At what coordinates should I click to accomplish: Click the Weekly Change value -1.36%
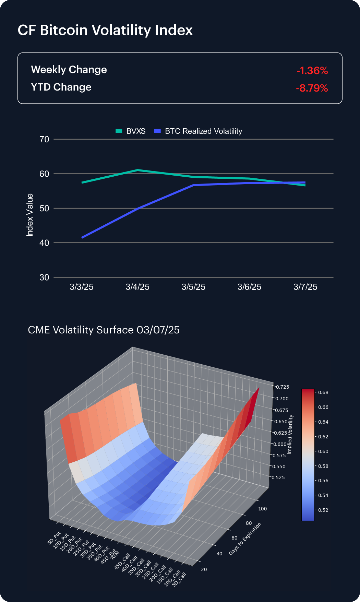pyautogui.click(x=312, y=71)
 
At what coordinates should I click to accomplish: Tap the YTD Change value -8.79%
pyautogui.click(x=312, y=88)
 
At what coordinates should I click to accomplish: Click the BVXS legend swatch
pyautogui.click(x=119, y=131)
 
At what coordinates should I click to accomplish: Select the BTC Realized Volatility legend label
pyautogui.click(x=203, y=131)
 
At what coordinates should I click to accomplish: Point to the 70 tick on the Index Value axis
pyautogui.click(x=44, y=139)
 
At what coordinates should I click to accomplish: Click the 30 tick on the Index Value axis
pyautogui.click(x=44, y=277)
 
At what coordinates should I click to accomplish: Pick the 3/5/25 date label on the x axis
pyautogui.click(x=193, y=287)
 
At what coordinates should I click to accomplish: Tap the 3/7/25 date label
pyautogui.click(x=305, y=287)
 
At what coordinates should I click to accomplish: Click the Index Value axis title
pyautogui.click(x=30, y=215)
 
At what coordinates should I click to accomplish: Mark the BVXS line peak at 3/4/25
pyautogui.click(x=137, y=170)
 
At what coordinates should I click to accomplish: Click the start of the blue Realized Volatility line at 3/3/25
pyautogui.click(x=82, y=237)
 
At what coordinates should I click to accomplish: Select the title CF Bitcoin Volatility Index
pyautogui.click(x=105, y=30)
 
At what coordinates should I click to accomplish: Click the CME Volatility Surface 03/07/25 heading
pyautogui.click(x=104, y=330)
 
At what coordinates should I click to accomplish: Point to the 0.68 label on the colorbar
pyautogui.click(x=323, y=392)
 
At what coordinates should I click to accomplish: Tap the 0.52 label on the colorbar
pyautogui.click(x=323, y=510)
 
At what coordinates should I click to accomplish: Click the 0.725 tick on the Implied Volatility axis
pyautogui.click(x=283, y=387)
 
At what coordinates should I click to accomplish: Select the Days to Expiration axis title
pyautogui.click(x=245, y=539)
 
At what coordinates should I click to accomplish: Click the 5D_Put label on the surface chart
pyautogui.click(x=54, y=538)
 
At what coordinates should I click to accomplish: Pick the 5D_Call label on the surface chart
pyautogui.click(x=179, y=579)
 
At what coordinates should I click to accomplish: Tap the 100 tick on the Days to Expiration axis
pyautogui.click(x=263, y=509)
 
